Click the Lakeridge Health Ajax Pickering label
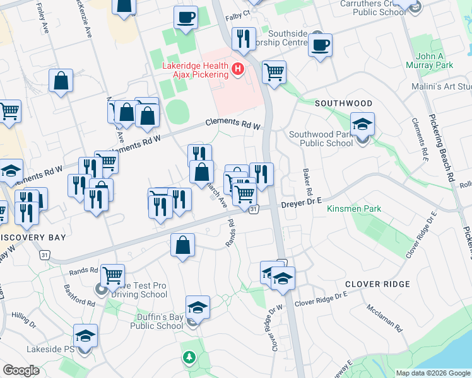click(x=189, y=68)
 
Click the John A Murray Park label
click(x=434, y=60)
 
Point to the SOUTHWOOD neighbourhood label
click(x=343, y=103)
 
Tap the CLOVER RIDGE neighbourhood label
click(x=381, y=284)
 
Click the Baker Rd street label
click(x=307, y=182)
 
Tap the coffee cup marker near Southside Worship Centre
click(x=321, y=45)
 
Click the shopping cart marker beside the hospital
click(x=274, y=72)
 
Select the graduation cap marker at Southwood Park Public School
click(x=362, y=123)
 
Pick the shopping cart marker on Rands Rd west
click(x=112, y=274)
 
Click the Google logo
click(x=21, y=370)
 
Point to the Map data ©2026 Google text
click(x=432, y=372)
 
